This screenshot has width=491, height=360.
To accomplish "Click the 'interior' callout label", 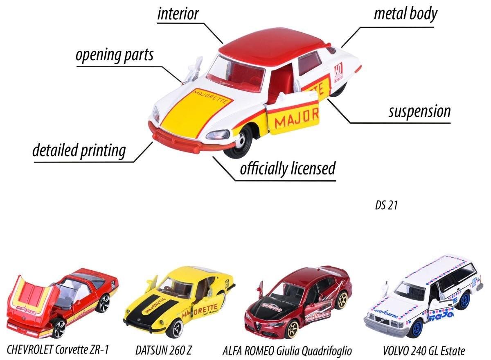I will coord(178,14).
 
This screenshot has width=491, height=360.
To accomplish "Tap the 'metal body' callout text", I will coord(405,14).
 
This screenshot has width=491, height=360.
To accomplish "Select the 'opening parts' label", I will coord(114,54).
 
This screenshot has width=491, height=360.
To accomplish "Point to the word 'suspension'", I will coord(419,111).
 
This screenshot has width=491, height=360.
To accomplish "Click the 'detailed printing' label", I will coord(79,150).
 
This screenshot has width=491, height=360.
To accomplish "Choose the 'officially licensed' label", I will coord(287,168).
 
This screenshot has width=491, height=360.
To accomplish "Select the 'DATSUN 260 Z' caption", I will coord(164,351).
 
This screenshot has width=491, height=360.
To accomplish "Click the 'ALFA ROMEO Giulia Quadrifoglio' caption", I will coord(287,351).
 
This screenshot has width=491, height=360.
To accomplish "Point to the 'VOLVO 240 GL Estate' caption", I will coord(424,351).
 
